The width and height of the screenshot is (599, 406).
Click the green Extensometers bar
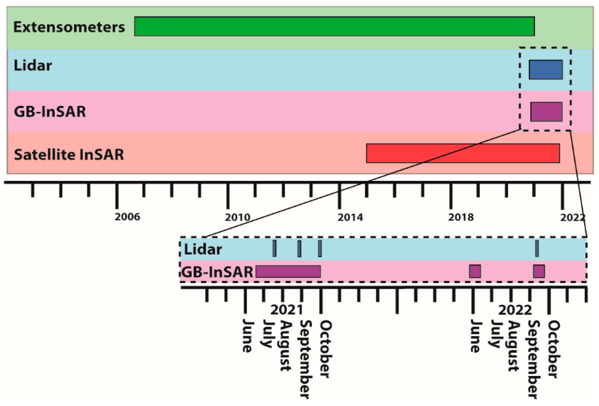[x=334, y=26]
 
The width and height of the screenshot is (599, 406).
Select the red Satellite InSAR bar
[x=463, y=153]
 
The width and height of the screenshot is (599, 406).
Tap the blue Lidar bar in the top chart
[x=545, y=69]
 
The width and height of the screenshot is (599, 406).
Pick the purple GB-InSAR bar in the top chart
[x=546, y=112]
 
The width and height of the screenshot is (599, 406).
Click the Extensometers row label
[x=69, y=27]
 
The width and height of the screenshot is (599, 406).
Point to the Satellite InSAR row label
[x=69, y=154]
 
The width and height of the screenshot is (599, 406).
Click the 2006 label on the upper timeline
[x=127, y=217]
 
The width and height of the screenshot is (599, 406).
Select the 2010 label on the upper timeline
[x=238, y=217]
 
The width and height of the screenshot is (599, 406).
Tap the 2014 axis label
[x=350, y=217]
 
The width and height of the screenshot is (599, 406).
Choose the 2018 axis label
[x=461, y=217]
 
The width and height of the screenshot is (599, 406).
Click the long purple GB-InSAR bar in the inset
[x=288, y=271]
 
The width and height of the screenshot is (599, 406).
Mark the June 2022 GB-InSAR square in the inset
[x=475, y=271]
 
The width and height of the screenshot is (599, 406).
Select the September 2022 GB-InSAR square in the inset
[x=539, y=271]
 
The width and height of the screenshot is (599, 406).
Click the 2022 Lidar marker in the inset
[x=537, y=248]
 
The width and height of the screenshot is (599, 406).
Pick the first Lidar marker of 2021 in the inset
[x=274, y=248]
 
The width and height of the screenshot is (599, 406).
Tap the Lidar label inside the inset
[x=203, y=249]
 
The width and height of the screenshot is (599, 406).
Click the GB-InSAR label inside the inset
[x=217, y=272]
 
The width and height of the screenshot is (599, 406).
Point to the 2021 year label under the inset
[x=286, y=310]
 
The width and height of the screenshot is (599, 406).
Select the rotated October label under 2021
[x=325, y=349]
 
